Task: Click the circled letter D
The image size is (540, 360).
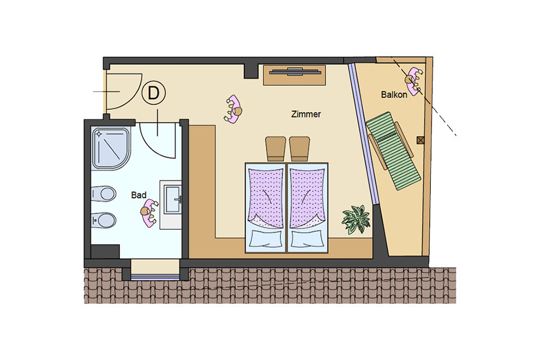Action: click(154, 92)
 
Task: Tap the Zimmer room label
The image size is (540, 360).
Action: click(306, 114)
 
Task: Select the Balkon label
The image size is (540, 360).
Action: click(394, 94)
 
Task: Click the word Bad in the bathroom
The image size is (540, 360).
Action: click(139, 195)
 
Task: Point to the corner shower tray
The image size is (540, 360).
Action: click(111, 148)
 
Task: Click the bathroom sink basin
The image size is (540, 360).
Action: click(172, 199)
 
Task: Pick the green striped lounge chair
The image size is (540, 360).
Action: click(393, 151)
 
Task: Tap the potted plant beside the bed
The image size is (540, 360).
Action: click(356, 220)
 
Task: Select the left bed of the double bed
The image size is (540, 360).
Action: click(266, 208)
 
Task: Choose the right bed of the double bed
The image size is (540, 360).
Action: click(308, 208)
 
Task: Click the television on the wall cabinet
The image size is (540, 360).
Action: click(295, 72)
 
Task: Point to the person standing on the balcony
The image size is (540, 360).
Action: click(413, 81)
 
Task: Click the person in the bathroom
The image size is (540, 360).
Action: click(149, 213)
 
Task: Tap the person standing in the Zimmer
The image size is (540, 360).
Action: click(233, 109)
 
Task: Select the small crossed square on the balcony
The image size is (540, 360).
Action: click(420, 140)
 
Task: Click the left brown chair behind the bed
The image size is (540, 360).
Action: click(275, 148)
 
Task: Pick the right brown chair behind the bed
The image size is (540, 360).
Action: click(299, 148)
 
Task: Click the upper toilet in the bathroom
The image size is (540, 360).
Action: click(103, 194)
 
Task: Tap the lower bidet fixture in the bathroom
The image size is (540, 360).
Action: click(103, 220)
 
